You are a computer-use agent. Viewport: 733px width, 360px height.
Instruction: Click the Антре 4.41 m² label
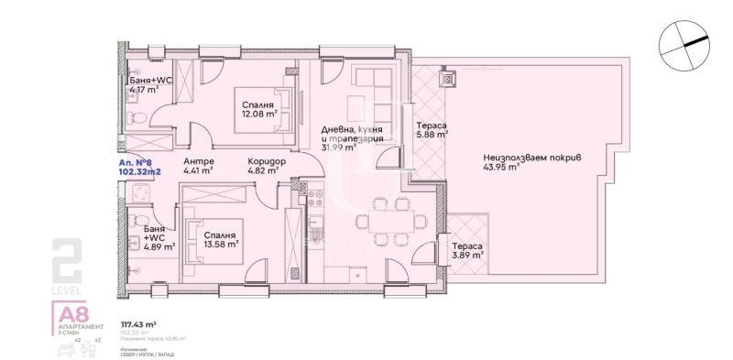199,165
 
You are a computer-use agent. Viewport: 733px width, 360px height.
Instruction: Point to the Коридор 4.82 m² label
268,165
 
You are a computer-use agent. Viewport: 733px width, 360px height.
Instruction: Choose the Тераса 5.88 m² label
432,129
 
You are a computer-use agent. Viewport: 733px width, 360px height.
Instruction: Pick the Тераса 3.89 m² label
467,253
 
